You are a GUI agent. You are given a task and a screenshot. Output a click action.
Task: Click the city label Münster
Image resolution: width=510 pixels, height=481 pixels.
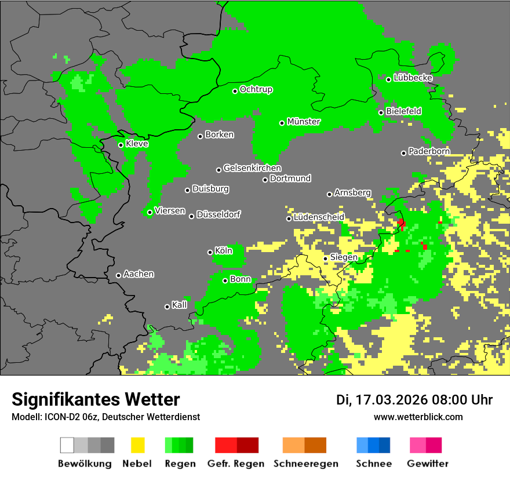click(x=304, y=122)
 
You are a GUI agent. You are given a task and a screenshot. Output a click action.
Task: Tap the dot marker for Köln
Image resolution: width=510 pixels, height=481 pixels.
click(x=210, y=252)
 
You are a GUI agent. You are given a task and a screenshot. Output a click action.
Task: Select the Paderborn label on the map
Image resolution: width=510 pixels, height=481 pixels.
click(x=429, y=151)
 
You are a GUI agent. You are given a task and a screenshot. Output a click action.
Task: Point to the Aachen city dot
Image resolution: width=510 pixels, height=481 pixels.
click(x=118, y=275)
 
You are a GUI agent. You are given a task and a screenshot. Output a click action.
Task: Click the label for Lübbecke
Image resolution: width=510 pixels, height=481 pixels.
click(x=413, y=77)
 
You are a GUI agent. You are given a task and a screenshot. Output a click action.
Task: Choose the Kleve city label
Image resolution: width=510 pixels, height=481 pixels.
click(x=137, y=143)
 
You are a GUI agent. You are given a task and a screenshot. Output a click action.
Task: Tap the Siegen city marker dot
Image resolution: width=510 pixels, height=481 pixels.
click(x=326, y=258)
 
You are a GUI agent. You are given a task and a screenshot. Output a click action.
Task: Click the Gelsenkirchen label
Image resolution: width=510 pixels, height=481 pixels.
click(x=252, y=168)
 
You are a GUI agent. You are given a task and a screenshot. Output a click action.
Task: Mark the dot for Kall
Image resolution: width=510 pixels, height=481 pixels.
click(x=167, y=307)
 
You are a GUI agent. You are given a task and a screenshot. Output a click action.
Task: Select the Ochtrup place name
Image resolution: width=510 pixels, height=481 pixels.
click(x=256, y=89)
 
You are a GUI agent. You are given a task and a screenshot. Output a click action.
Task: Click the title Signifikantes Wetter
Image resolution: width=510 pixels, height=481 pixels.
click(x=96, y=400)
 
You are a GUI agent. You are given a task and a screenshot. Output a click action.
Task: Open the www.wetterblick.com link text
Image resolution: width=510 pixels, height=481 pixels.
click(x=418, y=417)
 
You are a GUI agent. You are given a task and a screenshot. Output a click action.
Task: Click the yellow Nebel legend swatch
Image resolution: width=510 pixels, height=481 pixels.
click(x=137, y=445)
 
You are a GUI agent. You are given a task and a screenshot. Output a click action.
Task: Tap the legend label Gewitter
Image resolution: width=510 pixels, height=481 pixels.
click(x=427, y=464)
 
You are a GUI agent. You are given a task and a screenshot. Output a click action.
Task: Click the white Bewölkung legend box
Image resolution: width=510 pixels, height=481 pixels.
click(x=67, y=445)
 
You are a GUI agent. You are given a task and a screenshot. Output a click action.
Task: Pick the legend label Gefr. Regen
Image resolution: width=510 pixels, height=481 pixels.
click(x=236, y=464)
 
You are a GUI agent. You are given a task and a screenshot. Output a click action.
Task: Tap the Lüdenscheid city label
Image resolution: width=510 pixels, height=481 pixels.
click(x=319, y=217)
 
